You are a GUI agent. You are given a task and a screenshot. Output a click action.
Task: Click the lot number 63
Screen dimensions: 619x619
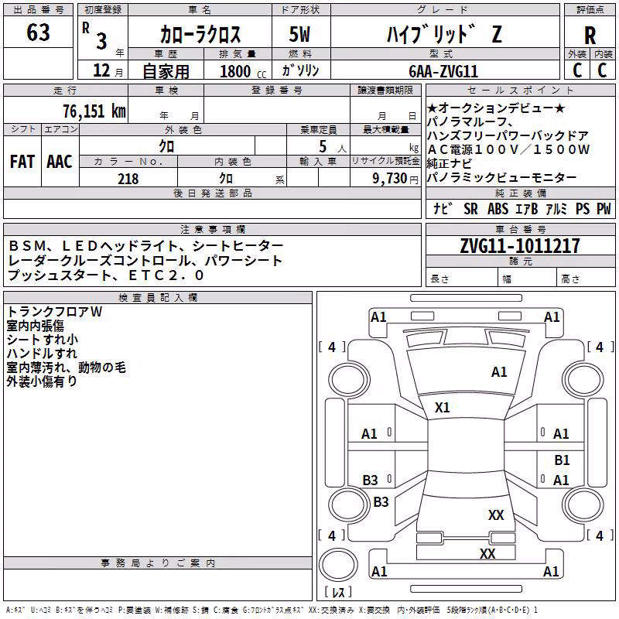[38, 32]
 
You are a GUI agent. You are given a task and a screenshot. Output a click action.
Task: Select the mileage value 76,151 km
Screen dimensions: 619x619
[94, 111]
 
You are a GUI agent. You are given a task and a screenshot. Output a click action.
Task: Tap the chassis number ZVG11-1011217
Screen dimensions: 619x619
[520, 246]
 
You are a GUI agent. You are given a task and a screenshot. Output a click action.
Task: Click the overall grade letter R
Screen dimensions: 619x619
[590, 36]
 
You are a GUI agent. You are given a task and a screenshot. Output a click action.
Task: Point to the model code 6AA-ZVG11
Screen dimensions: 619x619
[443, 71]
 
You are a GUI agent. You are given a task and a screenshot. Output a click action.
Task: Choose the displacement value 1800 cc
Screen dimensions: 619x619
[243, 71]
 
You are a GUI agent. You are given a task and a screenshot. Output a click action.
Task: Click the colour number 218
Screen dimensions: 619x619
[128, 179]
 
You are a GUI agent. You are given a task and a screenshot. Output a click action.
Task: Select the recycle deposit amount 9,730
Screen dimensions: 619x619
[389, 179]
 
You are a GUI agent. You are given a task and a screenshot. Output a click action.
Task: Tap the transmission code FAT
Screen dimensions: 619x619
[22, 162]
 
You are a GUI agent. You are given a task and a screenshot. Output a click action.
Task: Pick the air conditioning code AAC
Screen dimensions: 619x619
[60, 162]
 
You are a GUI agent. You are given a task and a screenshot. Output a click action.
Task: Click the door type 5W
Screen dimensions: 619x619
[299, 34]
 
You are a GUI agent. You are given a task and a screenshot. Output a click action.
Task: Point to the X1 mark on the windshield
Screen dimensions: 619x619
[442, 408]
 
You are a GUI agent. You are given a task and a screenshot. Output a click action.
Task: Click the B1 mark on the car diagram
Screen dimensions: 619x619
[562, 460]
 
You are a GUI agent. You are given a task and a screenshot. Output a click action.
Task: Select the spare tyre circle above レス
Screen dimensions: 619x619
[338, 565]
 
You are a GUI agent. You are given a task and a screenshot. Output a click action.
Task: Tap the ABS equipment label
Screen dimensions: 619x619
[498, 209]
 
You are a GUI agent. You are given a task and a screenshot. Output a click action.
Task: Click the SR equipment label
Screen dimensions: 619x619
[470, 209]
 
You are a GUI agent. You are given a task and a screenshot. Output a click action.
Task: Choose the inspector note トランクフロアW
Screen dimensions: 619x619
[54, 312]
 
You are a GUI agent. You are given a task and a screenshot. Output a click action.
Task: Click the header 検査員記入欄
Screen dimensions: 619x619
[158, 298]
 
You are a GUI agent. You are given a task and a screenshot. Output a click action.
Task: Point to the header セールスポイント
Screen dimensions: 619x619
[520, 91]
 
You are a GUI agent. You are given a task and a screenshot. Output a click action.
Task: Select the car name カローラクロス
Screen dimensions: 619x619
[200, 34]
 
